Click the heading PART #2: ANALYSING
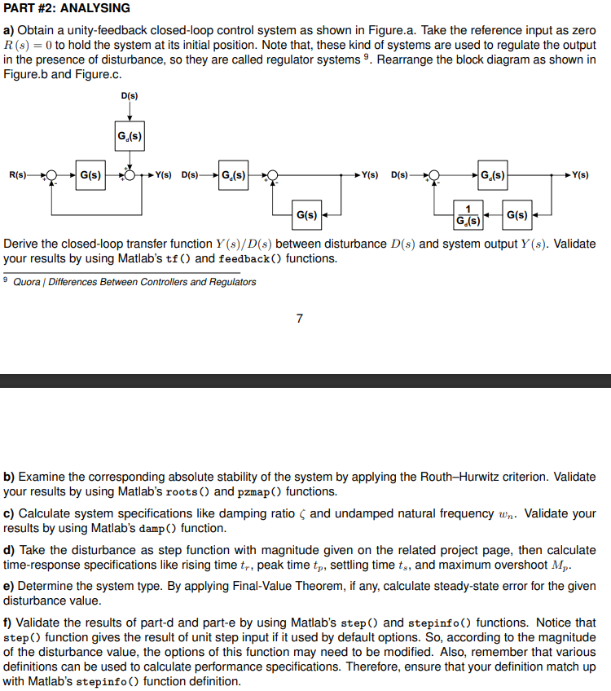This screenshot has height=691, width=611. click(67, 8)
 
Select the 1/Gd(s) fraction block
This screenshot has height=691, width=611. click(468, 215)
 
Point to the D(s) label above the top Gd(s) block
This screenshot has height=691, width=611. click(130, 95)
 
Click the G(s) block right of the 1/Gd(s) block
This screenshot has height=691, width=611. click(517, 215)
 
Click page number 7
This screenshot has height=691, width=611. click(299, 318)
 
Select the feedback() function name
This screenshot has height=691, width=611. click(250, 258)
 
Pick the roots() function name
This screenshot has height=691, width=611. click(192, 491)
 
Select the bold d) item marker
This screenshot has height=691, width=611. click(9, 550)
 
